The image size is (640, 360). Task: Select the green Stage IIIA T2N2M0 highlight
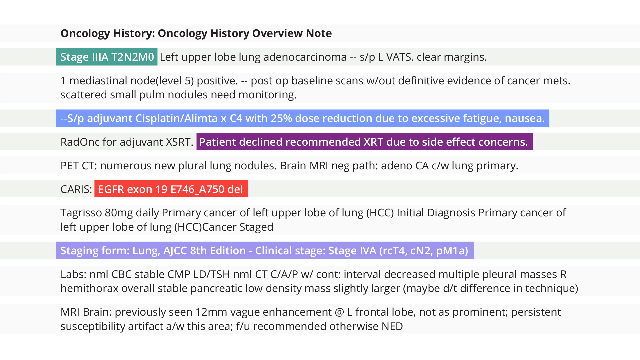(x=106, y=57)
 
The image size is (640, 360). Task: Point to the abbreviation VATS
(x=399, y=57)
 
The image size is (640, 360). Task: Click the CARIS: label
(x=76, y=189)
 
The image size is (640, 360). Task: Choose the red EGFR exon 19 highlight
(x=171, y=188)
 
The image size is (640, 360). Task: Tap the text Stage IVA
(x=352, y=251)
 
